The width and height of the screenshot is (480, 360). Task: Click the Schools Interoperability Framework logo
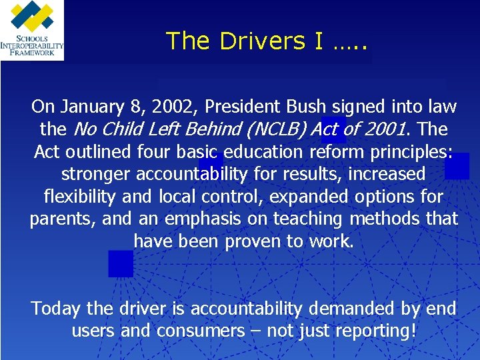point(32,30)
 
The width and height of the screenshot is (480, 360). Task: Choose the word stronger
point(96,174)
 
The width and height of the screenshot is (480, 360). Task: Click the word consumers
point(201,331)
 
